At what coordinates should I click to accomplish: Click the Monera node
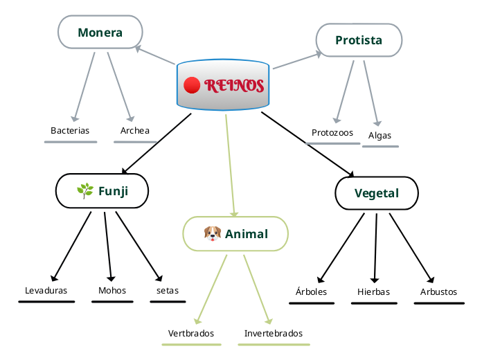tap(100, 33)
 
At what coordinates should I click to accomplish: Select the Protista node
tap(359, 40)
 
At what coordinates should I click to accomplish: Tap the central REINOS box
tap(223, 85)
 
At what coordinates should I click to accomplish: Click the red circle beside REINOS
tap(192, 85)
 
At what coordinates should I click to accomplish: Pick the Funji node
tap(102, 191)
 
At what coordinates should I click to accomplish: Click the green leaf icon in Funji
tap(85, 191)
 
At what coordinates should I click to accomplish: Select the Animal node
tap(235, 233)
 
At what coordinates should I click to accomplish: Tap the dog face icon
tap(212, 233)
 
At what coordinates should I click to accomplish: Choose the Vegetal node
tap(377, 193)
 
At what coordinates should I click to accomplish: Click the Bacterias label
tap(70, 130)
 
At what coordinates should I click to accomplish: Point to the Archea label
tap(135, 130)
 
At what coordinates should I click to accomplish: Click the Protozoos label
tap(332, 132)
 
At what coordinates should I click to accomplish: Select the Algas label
tap(380, 135)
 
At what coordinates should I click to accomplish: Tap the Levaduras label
tap(46, 290)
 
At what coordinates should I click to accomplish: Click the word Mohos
tap(112, 290)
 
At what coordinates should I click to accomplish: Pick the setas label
tap(168, 290)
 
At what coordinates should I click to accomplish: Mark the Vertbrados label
tap(191, 333)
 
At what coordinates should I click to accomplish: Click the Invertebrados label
tap(274, 333)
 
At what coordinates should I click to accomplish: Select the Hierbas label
tap(374, 291)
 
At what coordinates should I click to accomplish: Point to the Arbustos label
tap(439, 291)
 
